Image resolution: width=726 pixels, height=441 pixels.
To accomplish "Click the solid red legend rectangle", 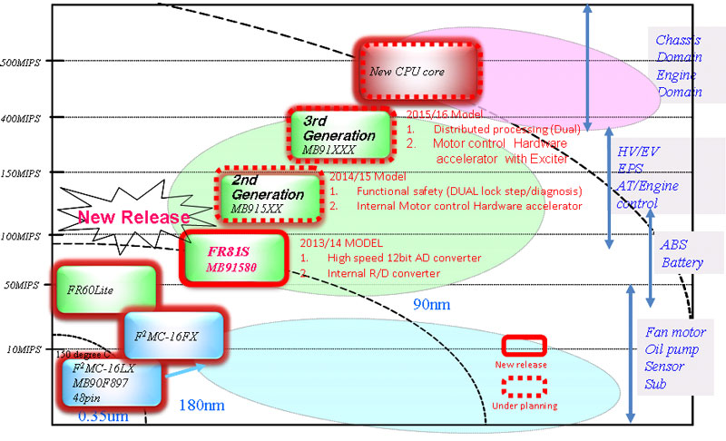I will pos(524,345).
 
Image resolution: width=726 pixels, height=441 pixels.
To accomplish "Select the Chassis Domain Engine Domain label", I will pos(679,66).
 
